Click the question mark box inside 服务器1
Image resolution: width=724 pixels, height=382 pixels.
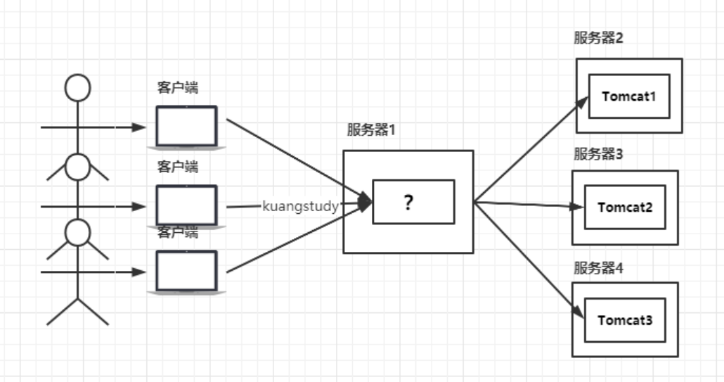[413, 202]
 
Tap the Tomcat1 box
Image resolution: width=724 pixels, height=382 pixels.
[628, 96]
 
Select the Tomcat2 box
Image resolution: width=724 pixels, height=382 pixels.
[625, 208]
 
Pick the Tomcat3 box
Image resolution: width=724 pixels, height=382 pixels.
[625, 321]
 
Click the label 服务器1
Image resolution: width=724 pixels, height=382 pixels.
[371, 130]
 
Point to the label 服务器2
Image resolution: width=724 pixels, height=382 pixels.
[598, 38]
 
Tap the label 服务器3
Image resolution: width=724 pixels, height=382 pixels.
[598, 154]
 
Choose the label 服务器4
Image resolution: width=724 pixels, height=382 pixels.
[598, 268]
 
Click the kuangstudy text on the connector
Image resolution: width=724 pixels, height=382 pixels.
[301, 207]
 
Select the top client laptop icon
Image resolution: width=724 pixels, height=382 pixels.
[186, 127]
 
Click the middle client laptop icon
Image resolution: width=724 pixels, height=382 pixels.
[186, 206]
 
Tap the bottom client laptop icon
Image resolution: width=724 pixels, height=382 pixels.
[186, 272]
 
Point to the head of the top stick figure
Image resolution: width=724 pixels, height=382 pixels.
[77, 88]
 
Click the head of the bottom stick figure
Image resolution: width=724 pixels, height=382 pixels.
[77, 232]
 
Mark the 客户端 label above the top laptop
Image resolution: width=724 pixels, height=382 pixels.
[177, 88]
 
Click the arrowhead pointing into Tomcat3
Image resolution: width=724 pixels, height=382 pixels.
[578, 313]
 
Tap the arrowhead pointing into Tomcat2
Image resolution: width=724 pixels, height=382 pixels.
[578, 208]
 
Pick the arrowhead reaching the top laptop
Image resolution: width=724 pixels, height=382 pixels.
[140, 127]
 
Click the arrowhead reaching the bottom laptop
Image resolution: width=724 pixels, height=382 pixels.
[140, 272]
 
